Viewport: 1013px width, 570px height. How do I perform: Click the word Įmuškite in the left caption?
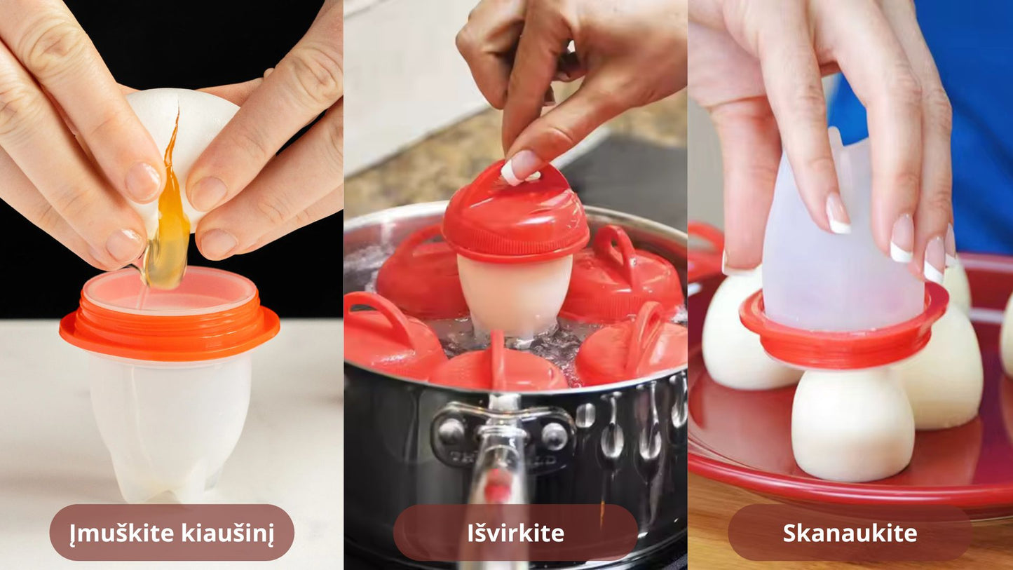point(121,532)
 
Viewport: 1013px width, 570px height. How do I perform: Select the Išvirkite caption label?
point(515,533)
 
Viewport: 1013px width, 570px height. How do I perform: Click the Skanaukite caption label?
point(850,533)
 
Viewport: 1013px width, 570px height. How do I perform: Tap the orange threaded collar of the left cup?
point(170,326)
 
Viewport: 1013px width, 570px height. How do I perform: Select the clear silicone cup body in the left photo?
point(170,426)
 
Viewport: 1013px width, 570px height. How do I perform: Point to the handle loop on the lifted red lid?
point(538,174)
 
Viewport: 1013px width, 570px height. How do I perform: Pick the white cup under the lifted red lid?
point(515,294)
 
